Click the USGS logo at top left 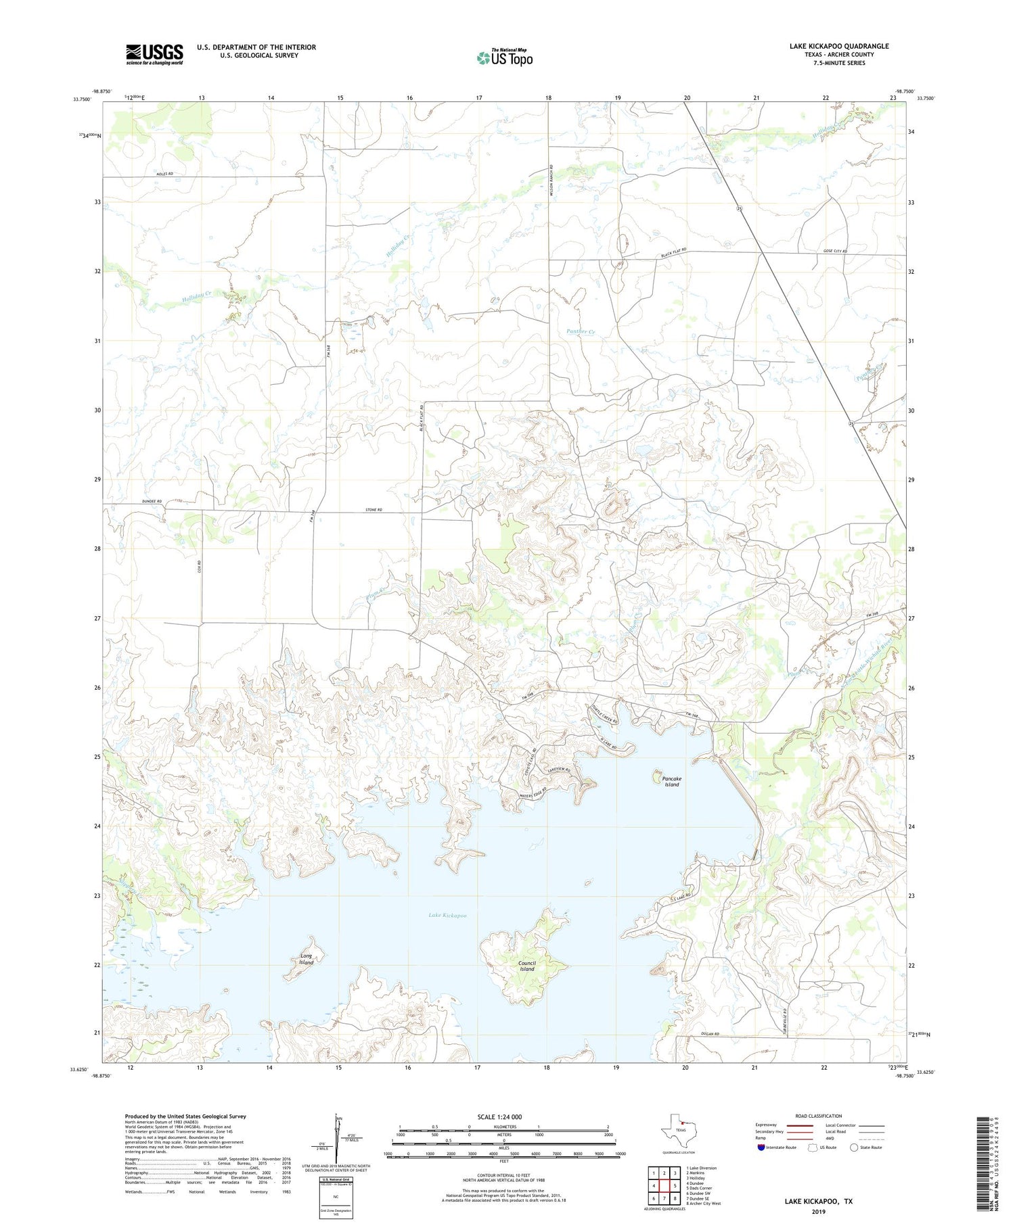154,54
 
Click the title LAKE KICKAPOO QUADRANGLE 839,46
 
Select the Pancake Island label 671,782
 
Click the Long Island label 307,959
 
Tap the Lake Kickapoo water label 447,916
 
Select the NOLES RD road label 165,174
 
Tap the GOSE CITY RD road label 835,251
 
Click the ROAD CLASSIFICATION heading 818,1116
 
